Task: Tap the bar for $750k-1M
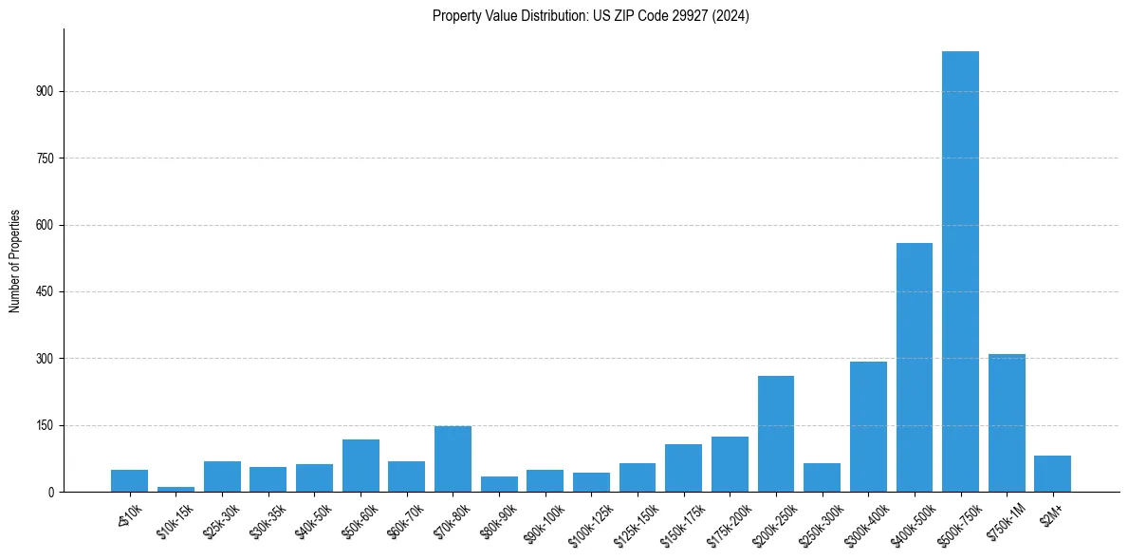click(1007, 422)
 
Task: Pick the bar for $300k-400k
click(868, 426)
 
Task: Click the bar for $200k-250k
click(776, 434)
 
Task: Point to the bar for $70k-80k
click(453, 458)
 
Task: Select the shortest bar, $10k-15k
click(176, 489)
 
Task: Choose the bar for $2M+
click(1052, 474)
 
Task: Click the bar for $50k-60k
click(361, 465)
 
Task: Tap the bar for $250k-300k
click(822, 477)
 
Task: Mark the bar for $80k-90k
click(499, 484)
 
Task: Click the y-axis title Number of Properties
click(15, 261)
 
